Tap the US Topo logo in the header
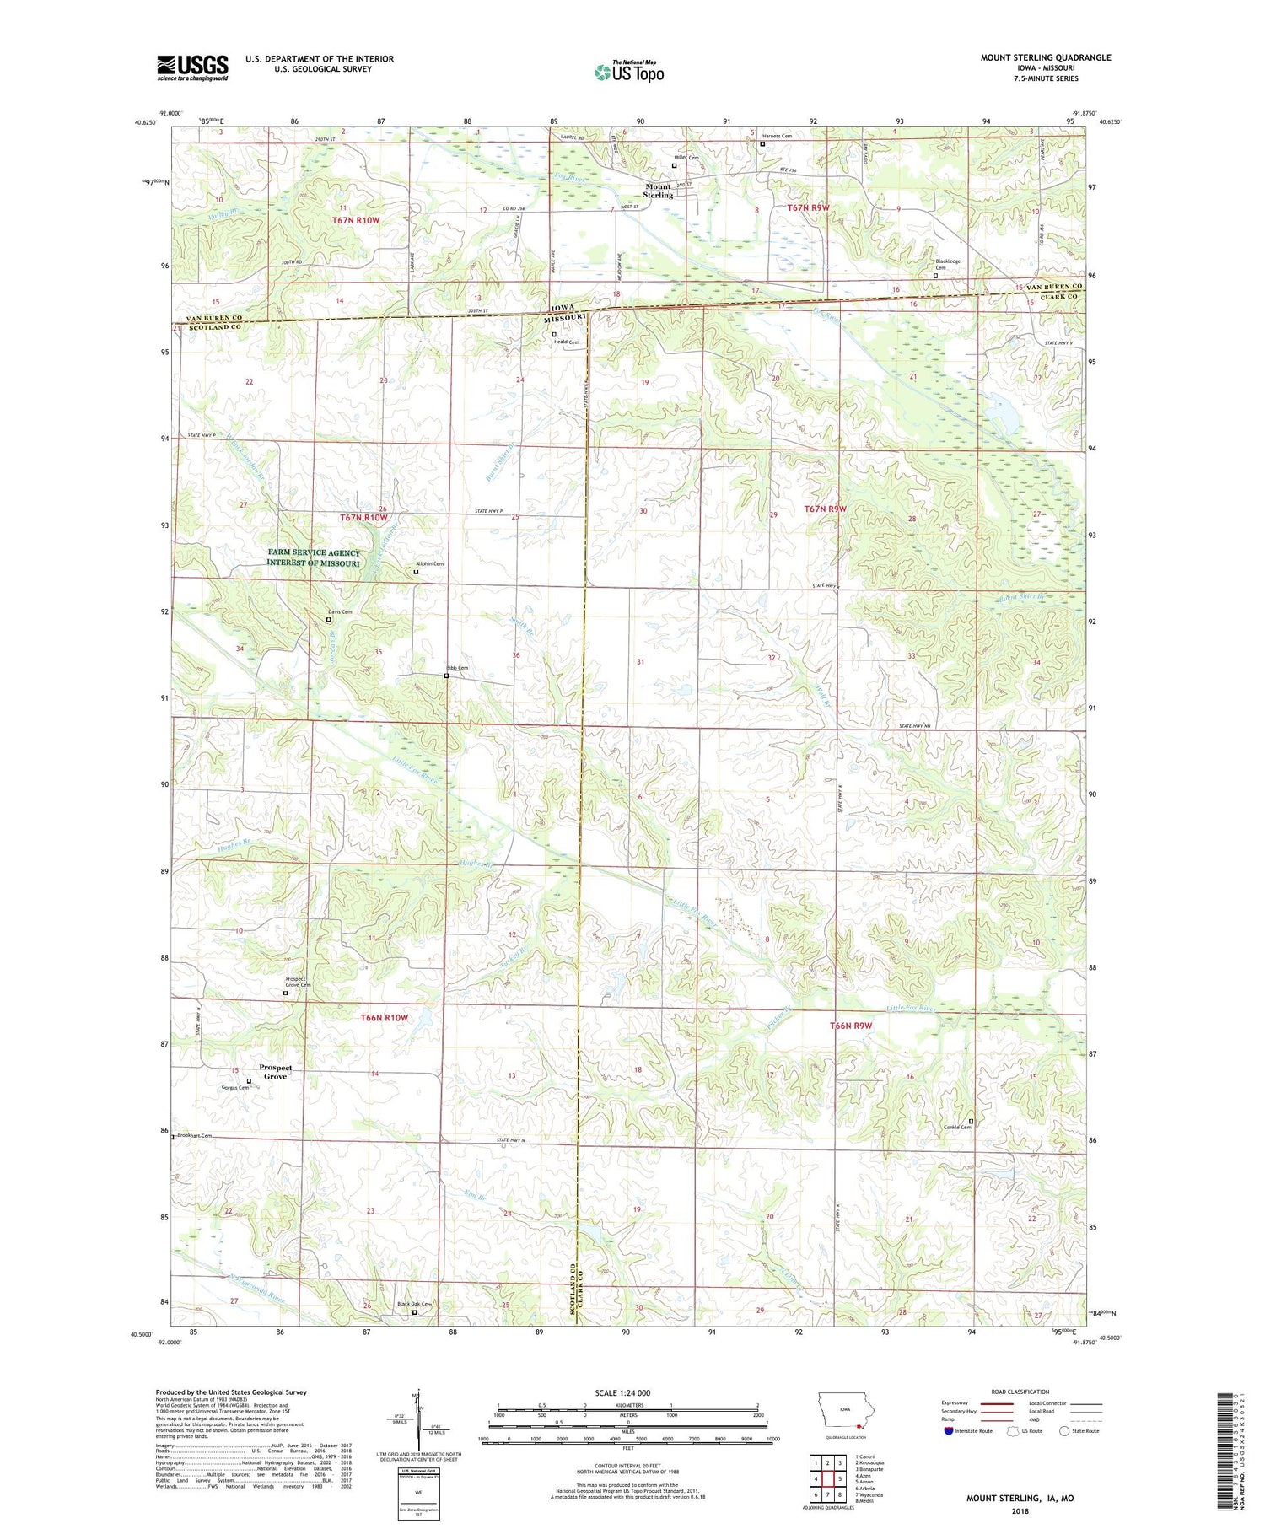pyautogui.click(x=628, y=73)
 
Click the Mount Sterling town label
pyautogui.click(x=659, y=191)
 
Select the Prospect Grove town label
pyautogui.click(x=276, y=1072)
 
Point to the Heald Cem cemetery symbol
pyautogui.click(x=554, y=335)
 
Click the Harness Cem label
pyautogui.click(x=777, y=136)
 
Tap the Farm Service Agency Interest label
pyautogui.click(x=314, y=557)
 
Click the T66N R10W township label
pyautogui.click(x=384, y=1018)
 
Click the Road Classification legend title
pyautogui.click(x=1020, y=1392)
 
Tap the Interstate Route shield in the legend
pyautogui.click(x=949, y=1430)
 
